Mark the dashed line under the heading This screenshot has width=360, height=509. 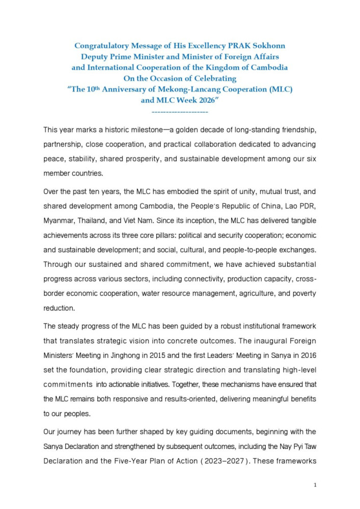(x=180, y=110)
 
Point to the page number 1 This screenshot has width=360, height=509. (x=315, y=485)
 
